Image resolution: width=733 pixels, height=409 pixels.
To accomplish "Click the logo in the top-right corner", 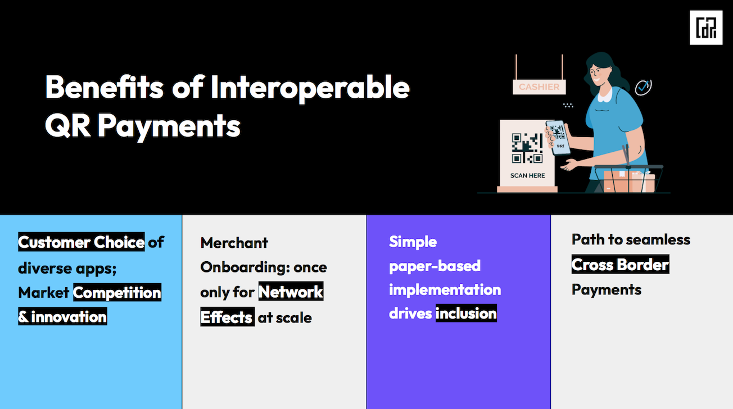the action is pos(706,28).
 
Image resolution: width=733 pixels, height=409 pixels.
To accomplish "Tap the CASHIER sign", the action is pos(539,87).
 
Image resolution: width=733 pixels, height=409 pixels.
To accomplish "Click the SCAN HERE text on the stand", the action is pos(527,175).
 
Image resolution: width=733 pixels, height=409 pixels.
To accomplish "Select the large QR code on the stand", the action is pos(527,148).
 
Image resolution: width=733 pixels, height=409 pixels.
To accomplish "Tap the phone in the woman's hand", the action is pos(558,137).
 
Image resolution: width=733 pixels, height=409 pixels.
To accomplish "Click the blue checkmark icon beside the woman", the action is pos(643,87).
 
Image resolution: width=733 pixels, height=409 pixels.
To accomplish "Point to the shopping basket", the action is pos(628,179).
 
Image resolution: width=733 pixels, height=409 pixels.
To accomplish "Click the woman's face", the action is pos(598,75).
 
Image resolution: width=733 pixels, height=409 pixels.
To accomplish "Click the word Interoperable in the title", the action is pos(310,88).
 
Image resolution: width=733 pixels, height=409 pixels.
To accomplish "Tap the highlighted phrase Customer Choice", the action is pos(81,242).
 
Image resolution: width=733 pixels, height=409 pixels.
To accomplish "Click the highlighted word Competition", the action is pos(117,292).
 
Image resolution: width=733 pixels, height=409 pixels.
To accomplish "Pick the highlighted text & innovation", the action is pos(62,316).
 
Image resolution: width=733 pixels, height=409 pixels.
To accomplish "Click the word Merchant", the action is pos(234,243).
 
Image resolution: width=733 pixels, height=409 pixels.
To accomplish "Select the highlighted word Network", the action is pos(291,292).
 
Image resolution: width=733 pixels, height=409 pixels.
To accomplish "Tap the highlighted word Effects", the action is pos(228,317).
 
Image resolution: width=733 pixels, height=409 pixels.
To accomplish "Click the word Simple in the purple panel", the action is pos(413,242).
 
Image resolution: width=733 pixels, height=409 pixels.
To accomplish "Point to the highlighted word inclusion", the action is pos(466,313).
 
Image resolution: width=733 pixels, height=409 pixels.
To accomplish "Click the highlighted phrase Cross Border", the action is pos(620,265).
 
